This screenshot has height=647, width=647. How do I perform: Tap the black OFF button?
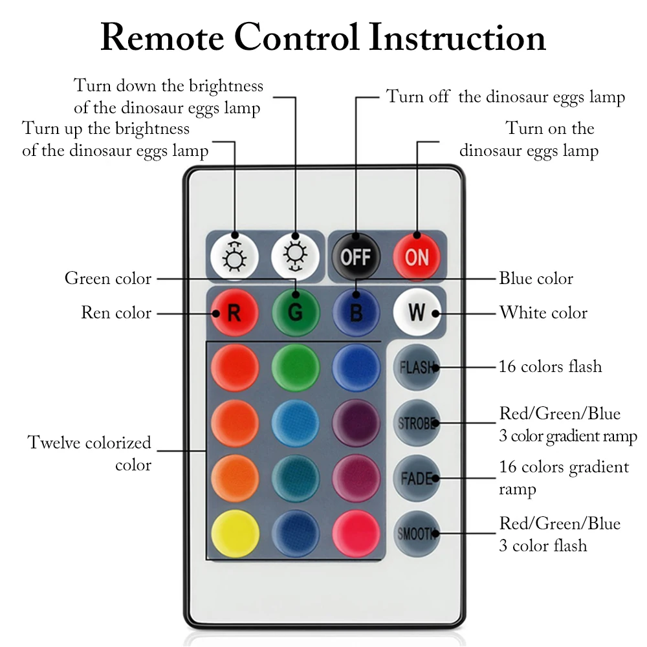(x=356, y=257)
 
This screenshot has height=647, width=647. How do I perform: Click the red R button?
(x=234, y=313)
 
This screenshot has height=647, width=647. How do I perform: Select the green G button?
(x=296, y=313)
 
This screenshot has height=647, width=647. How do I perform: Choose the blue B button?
(x=356, y=313)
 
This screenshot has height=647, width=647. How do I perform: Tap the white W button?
(x=417, y=313)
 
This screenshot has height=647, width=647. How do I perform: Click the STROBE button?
(x=417, y=423)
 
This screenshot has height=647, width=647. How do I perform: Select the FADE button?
(x=417, y=478)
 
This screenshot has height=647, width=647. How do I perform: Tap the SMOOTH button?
(x=417, y=534)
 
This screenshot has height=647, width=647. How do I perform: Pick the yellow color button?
(x=235, y=534)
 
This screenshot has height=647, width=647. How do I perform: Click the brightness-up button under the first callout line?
(x=234, y=257)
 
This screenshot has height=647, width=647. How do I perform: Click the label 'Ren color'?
(x=116, y=313)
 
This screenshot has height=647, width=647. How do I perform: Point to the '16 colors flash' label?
(x=551, y=366)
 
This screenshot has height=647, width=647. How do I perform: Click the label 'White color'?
(x=543, y=313)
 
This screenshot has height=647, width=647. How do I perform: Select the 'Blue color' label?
(x=536, y=278)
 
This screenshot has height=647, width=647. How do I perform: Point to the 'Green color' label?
(x=108, y=278)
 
